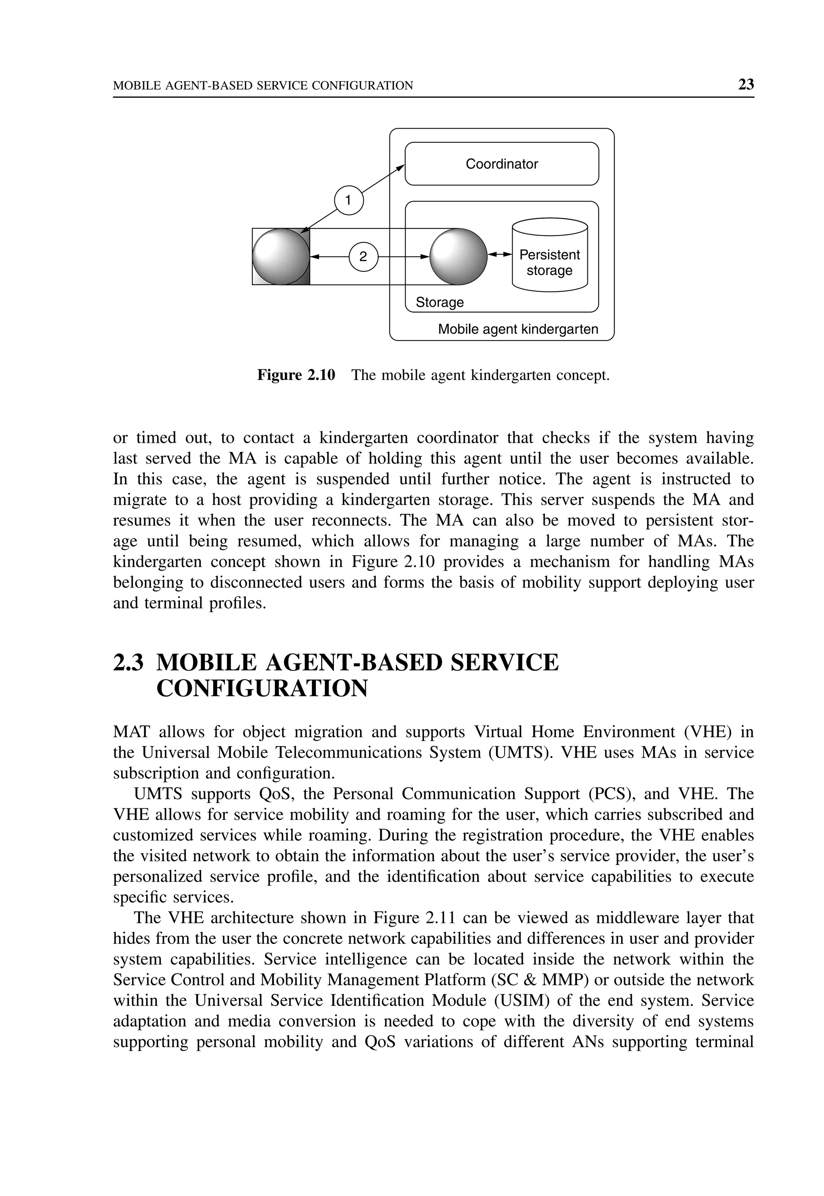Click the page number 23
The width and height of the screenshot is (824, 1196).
[746, 84]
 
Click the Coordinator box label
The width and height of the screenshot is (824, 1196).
[501, 164]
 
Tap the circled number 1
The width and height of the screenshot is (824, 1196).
[348, 200]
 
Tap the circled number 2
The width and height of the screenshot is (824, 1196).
[363, 257]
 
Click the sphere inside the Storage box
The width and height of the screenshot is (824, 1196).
[458, 257]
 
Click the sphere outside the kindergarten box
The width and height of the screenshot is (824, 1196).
[280, 257]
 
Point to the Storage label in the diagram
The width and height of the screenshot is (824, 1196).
[439, 302]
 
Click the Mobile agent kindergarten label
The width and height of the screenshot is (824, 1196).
[518, 329]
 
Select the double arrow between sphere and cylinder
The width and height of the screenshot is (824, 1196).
[500, 255]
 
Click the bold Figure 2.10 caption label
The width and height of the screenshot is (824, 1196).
[296, 375]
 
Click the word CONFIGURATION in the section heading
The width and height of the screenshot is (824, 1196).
[262, 688]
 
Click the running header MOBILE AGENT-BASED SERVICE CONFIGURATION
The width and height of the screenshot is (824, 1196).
[263, 86]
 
